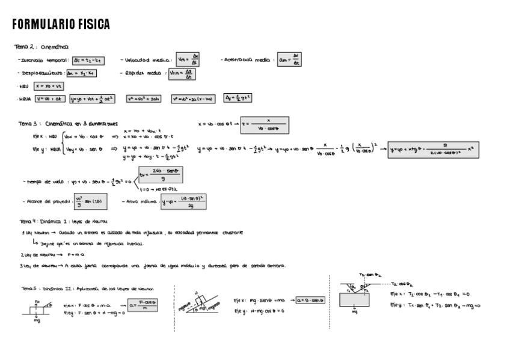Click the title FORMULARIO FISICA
[61, 25]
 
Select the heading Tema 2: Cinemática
[41, 46]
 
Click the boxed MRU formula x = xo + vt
[48, 86]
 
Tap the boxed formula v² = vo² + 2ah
[143, 99]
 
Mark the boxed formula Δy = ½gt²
[238, 98]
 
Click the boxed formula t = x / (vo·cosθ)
[265, 125]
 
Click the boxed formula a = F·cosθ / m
[144, 304]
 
